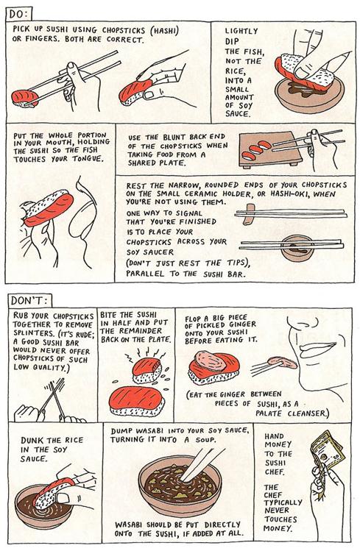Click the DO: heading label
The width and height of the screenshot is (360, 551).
(19, 14)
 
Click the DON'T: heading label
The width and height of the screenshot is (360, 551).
(30, 301)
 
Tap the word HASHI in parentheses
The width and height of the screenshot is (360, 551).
(165, 31)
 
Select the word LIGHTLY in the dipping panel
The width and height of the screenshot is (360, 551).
(242, 31)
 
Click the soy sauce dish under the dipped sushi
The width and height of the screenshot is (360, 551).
(308, 95)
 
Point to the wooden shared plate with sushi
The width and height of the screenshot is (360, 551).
(269, 149)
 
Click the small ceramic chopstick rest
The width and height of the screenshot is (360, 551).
(250, 214)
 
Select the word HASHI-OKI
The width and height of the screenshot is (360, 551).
(290, 193)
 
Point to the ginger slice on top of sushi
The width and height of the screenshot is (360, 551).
(211, 360)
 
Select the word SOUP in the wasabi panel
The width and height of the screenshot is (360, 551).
(203, 440)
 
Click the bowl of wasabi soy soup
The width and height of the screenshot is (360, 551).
(180, 486)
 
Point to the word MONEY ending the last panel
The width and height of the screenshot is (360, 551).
(278, 528)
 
